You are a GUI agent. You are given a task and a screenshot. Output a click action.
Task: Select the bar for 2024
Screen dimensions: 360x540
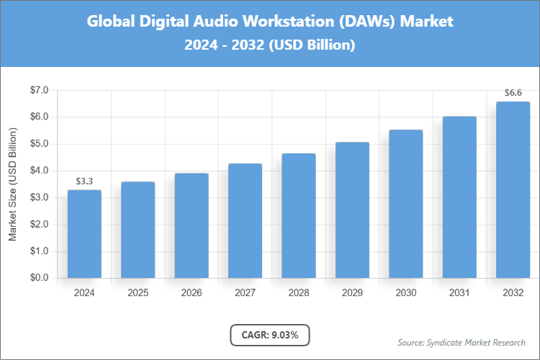(x=84, y=234)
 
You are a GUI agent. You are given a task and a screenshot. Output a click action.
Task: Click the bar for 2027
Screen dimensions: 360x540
(x=245, y=221)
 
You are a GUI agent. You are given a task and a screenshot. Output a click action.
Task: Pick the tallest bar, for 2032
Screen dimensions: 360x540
(x=513, y=190)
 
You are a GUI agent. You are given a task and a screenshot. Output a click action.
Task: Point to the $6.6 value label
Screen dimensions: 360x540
(x=513, y=93)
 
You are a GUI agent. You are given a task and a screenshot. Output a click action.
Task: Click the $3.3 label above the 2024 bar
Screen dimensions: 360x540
(x=84, y=181)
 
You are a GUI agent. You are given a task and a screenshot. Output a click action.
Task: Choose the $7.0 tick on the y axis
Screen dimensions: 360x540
(x=39, y=90)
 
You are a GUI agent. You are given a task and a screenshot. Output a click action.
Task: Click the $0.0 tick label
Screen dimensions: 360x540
(x=39, y=278)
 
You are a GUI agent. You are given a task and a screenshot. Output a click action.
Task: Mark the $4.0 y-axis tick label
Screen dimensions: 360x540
(x=39, y=171)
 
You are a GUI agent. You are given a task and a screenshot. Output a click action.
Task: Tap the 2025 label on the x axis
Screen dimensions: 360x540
(x=138, y=293)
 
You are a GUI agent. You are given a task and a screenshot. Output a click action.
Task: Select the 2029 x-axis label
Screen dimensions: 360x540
(x=352, y=293)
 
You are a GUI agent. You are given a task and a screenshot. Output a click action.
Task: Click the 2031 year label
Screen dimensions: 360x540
(x=459, y=293)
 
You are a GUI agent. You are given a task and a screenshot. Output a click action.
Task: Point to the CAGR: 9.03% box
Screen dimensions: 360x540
(x=269, y=335)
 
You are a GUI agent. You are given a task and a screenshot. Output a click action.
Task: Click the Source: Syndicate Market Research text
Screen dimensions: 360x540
(x=462, y=342)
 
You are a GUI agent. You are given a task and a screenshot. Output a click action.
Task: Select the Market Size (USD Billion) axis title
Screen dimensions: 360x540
(x=13, y=185)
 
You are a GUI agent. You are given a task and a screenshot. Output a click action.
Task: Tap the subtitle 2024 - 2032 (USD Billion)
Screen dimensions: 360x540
(x=270, y=45)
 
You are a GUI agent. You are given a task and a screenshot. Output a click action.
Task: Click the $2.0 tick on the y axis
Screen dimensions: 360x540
(x=39, y=225)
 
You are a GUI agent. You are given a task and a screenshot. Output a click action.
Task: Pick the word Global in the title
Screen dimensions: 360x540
(x=110, y=22)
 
